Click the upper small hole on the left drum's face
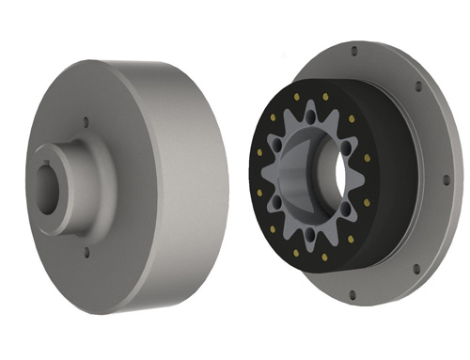(86, 121)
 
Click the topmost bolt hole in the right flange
(353, 49)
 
